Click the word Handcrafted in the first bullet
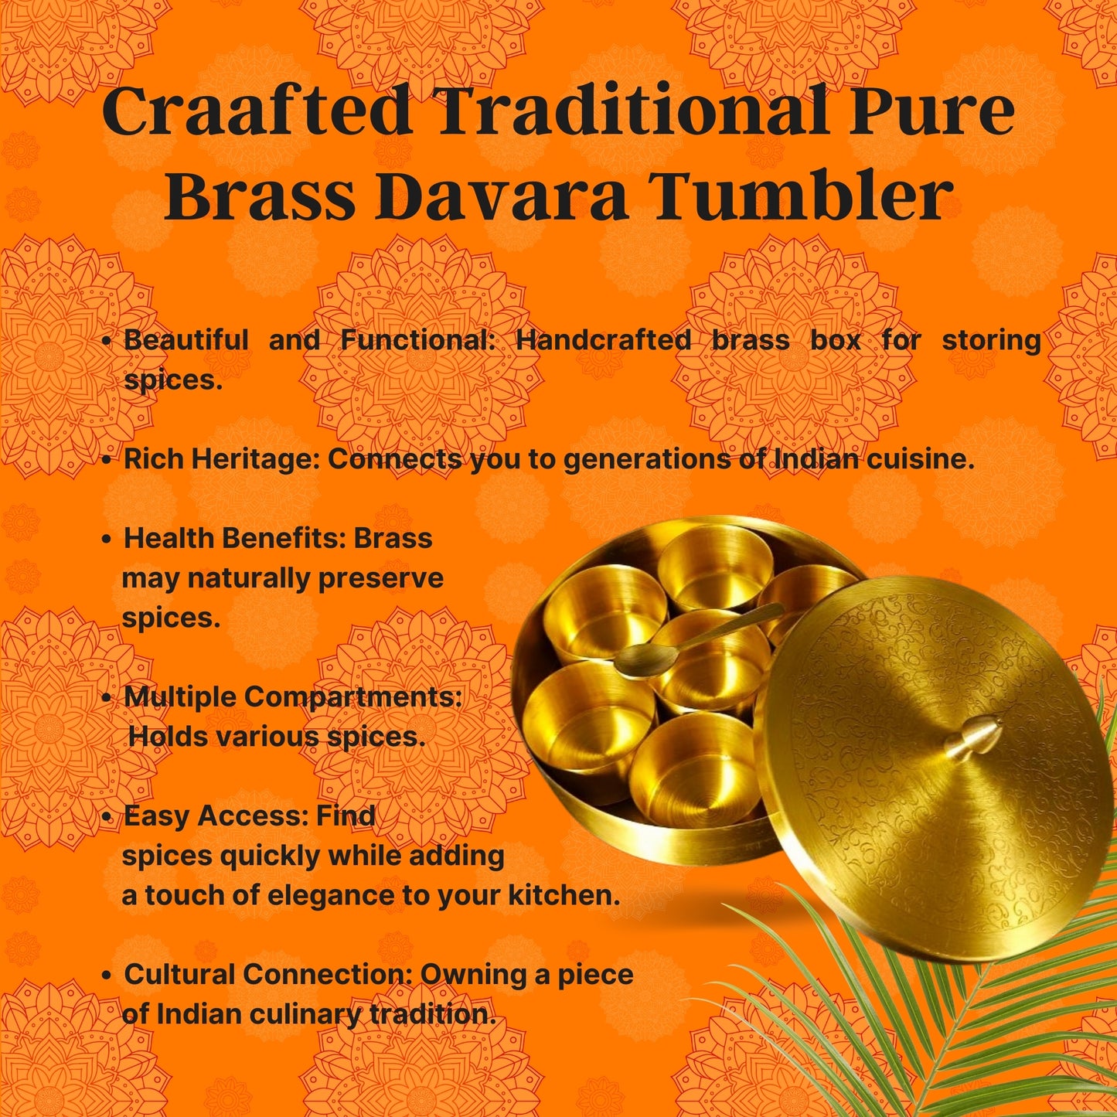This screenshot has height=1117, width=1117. [x=603, y=340]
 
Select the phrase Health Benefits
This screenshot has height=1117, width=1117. [x=234, y=538]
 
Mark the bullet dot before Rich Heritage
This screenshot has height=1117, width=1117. [x=107, y=460]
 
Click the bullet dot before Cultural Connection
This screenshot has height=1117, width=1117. [x=107, y=975]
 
